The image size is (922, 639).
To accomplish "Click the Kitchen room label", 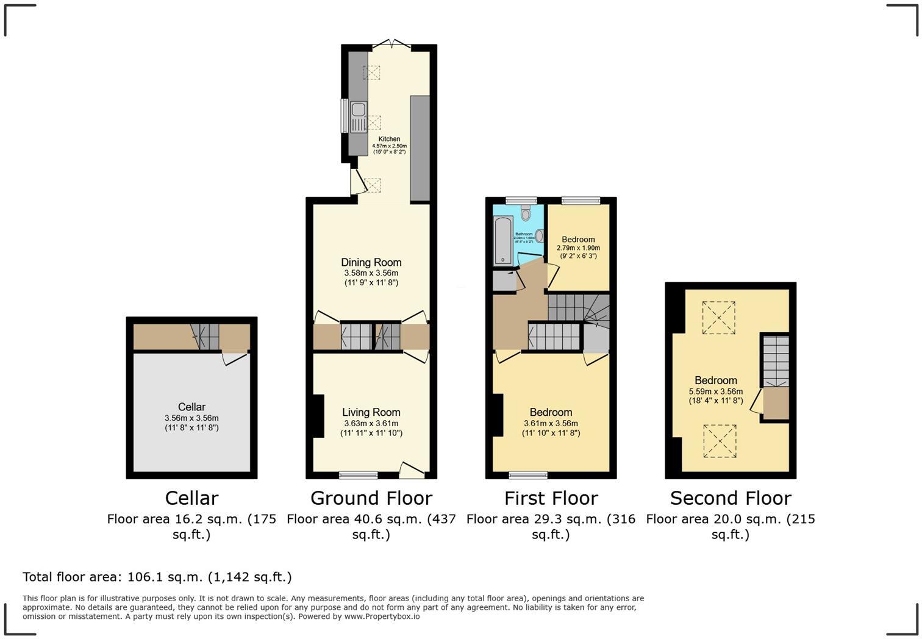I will [389, 139].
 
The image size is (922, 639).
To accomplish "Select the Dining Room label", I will [371, 263].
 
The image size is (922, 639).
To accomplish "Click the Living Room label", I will [371, 413].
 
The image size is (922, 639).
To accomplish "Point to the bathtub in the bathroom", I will [502, 241].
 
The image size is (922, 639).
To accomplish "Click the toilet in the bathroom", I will [526, 213].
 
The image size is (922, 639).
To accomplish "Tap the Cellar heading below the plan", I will [191, 498].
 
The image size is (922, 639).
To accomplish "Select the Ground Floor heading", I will [371, 498].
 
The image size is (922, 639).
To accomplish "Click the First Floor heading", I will [551, 498].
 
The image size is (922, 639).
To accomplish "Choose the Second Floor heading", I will [731, 498].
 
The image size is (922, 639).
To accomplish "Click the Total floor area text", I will [157, 577].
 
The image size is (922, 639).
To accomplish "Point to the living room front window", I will [358, 475].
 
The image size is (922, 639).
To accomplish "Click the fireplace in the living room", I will [318, 416].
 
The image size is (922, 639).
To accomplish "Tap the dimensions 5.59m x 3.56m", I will [715, 391].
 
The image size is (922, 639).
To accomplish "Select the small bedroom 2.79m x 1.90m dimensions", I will [578, 248].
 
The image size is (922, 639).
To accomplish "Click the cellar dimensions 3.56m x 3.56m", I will [191, 418].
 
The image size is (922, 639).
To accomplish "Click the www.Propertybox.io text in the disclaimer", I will [382, 616].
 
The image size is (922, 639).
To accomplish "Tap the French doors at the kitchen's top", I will [391, 45].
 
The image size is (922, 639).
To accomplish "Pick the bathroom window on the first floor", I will [521, 200].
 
